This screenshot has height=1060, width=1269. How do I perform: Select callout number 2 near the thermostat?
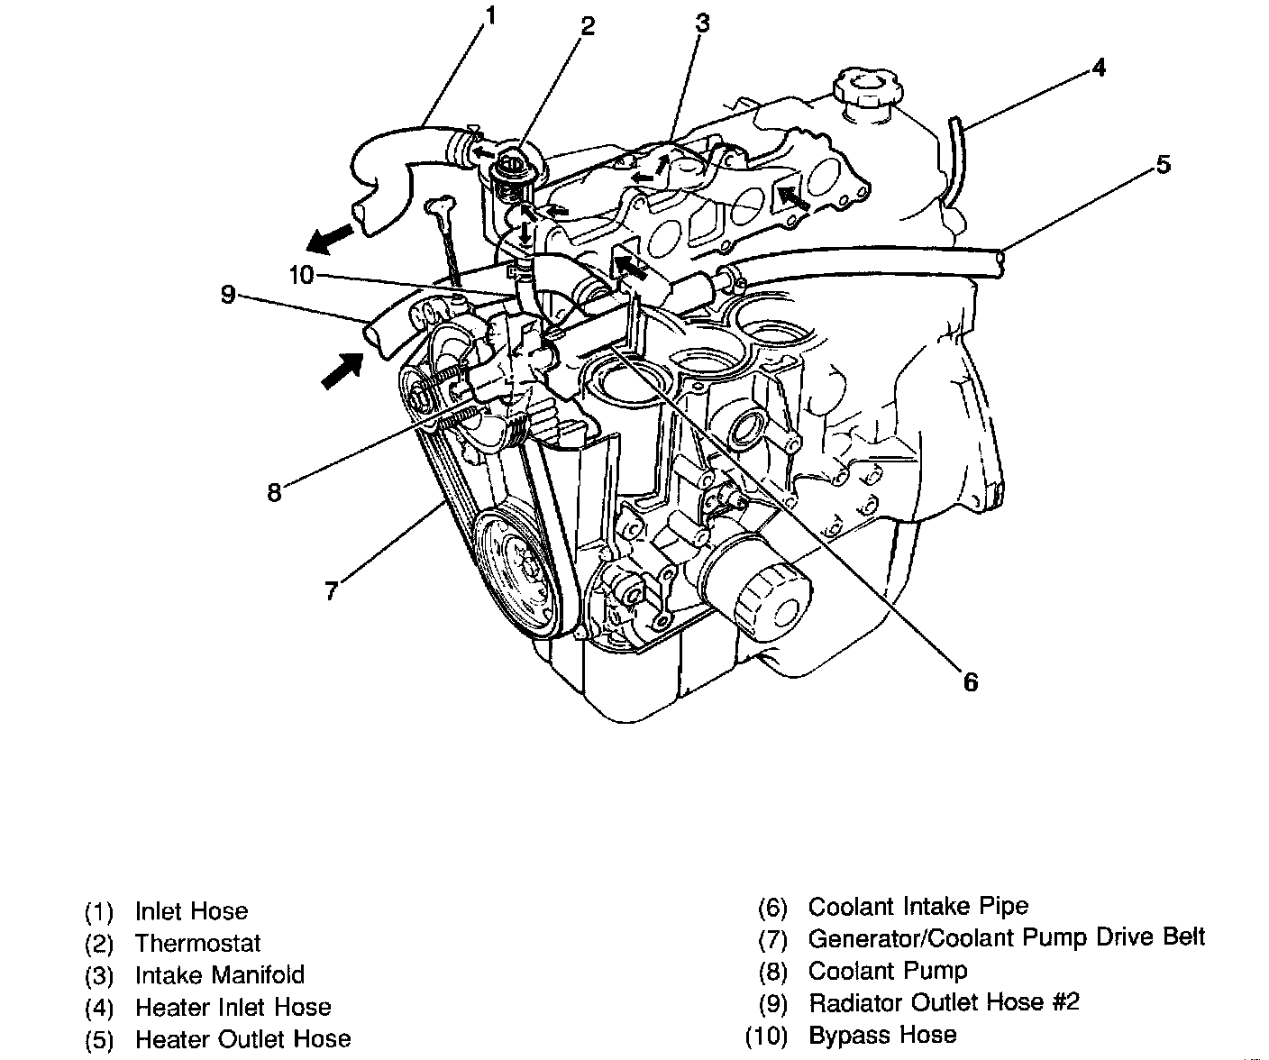(x=588, y=26)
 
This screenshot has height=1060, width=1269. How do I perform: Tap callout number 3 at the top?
(x=702, y=24)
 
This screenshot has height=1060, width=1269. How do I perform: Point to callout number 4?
(x=1098, y=68)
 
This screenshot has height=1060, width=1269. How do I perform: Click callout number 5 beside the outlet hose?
(x=1164, y=165)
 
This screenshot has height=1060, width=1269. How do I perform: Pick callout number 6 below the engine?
(x=970, y=682)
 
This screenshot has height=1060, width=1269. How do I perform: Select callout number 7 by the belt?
(x=332, y=590)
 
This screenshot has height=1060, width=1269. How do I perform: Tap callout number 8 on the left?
(x=274, y=492)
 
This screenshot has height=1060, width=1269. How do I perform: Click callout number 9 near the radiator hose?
(x=229, y=295)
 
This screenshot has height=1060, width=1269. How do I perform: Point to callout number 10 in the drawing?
(x=301, y=274)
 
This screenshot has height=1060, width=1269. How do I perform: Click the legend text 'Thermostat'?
(x=197, y=944)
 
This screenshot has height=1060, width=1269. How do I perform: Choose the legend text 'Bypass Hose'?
(x=882, y=1036)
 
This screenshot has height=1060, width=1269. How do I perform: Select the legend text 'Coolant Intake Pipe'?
(x=918, y=907)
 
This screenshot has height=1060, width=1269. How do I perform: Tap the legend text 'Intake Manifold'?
(x=220, y=975)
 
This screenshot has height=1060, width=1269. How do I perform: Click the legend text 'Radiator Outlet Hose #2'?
(x=944, y=1002)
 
